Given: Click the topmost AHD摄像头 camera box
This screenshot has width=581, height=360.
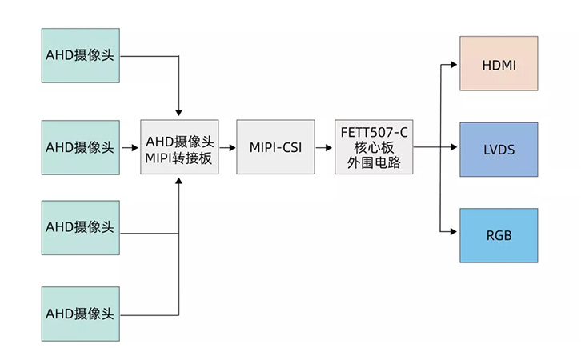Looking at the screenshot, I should pos(80,55).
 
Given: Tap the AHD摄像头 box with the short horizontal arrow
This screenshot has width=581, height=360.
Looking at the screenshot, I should pos(80,147).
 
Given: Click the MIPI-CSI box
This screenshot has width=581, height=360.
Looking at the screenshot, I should pos(274,147).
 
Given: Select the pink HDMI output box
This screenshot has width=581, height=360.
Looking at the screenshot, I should pos(499,63).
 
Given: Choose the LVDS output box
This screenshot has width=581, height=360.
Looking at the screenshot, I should pos(499,150).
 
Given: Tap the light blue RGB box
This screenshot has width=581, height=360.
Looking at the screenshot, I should pos(499,235).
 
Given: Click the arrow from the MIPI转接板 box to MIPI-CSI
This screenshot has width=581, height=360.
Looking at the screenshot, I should pos(227,147).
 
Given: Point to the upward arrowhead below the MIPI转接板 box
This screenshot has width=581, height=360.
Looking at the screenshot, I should pos(178,183).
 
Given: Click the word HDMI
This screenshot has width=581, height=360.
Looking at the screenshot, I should pos(499,63).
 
